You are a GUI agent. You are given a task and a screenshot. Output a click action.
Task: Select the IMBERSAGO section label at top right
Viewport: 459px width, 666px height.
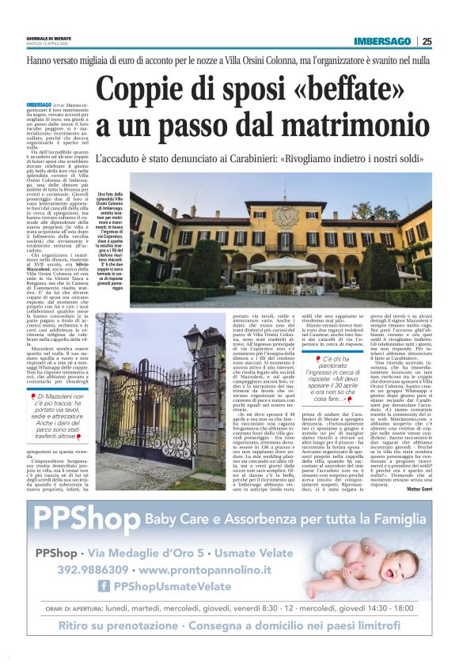coord(382,41)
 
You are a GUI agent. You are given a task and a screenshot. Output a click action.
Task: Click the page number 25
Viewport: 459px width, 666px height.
coord(427,41)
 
